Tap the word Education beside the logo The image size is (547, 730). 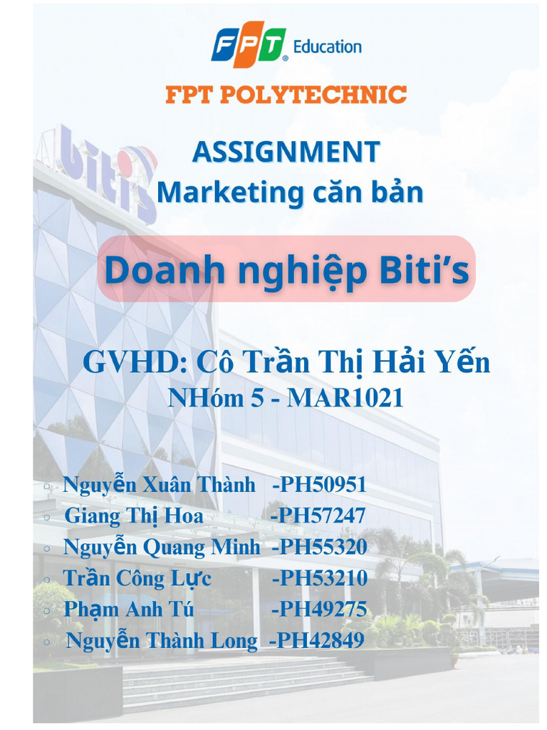(328, 47)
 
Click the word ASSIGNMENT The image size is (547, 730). (286, 152)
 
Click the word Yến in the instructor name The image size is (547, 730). (464, 363)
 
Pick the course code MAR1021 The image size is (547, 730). (345, 398)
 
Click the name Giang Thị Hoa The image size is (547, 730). (134, 515)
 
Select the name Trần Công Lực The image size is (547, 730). (137, 578)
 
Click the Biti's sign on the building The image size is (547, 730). (107, 171)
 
